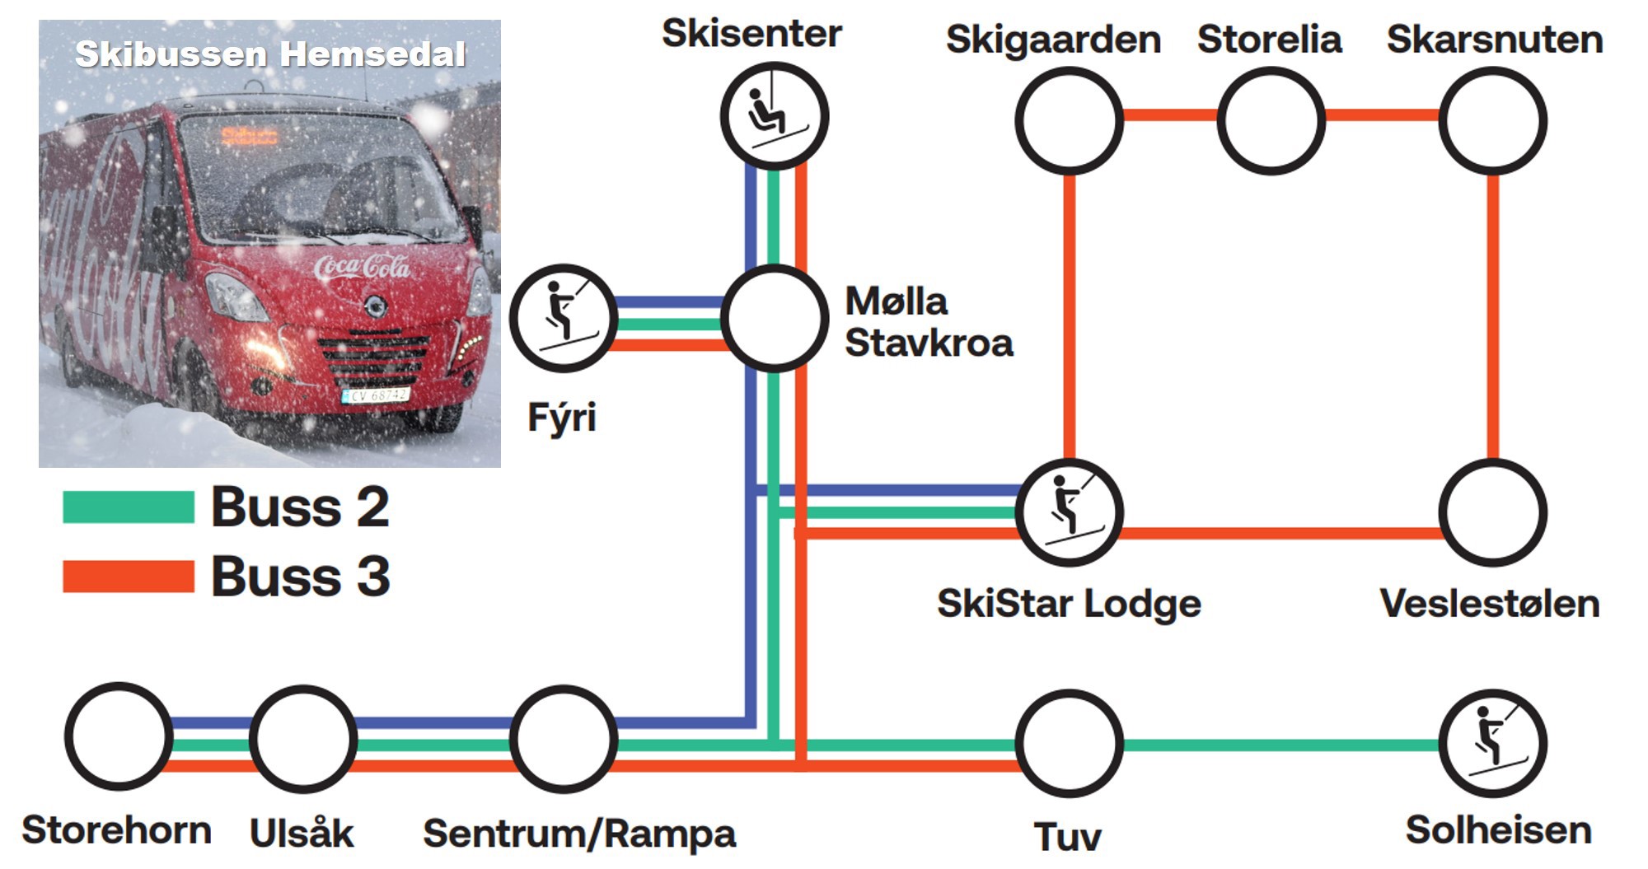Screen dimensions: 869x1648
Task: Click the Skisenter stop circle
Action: point(774,116)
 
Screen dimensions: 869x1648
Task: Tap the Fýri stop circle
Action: point(564,318)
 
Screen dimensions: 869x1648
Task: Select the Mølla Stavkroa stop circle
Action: point(775,318)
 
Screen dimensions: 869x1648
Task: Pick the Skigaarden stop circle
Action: point(1069,121)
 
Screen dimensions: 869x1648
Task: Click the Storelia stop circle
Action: point(1271,121)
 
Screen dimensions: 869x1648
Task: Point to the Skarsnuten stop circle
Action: point(1492,121)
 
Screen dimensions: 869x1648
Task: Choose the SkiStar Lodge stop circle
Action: point(1069,512)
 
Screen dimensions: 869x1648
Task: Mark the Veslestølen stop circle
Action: point(1492,512)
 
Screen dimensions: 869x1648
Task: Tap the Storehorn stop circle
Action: point(119,736)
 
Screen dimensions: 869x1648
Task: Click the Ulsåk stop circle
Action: point(303,739)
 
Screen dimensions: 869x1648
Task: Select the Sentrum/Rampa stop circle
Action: point(564,739)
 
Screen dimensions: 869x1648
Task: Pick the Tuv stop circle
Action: point(1069,743)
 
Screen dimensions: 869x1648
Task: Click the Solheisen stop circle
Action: point(1492,743)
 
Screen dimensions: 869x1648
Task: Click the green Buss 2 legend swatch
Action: point(129,507)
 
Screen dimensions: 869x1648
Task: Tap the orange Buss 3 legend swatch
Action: point(129,577)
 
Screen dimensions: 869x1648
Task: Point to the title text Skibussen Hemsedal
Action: point(270,54)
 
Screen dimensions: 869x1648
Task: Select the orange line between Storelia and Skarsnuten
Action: point(1382,115)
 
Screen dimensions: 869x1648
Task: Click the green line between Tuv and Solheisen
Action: point(1281,745)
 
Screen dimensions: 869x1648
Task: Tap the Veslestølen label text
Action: point(1490,604)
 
